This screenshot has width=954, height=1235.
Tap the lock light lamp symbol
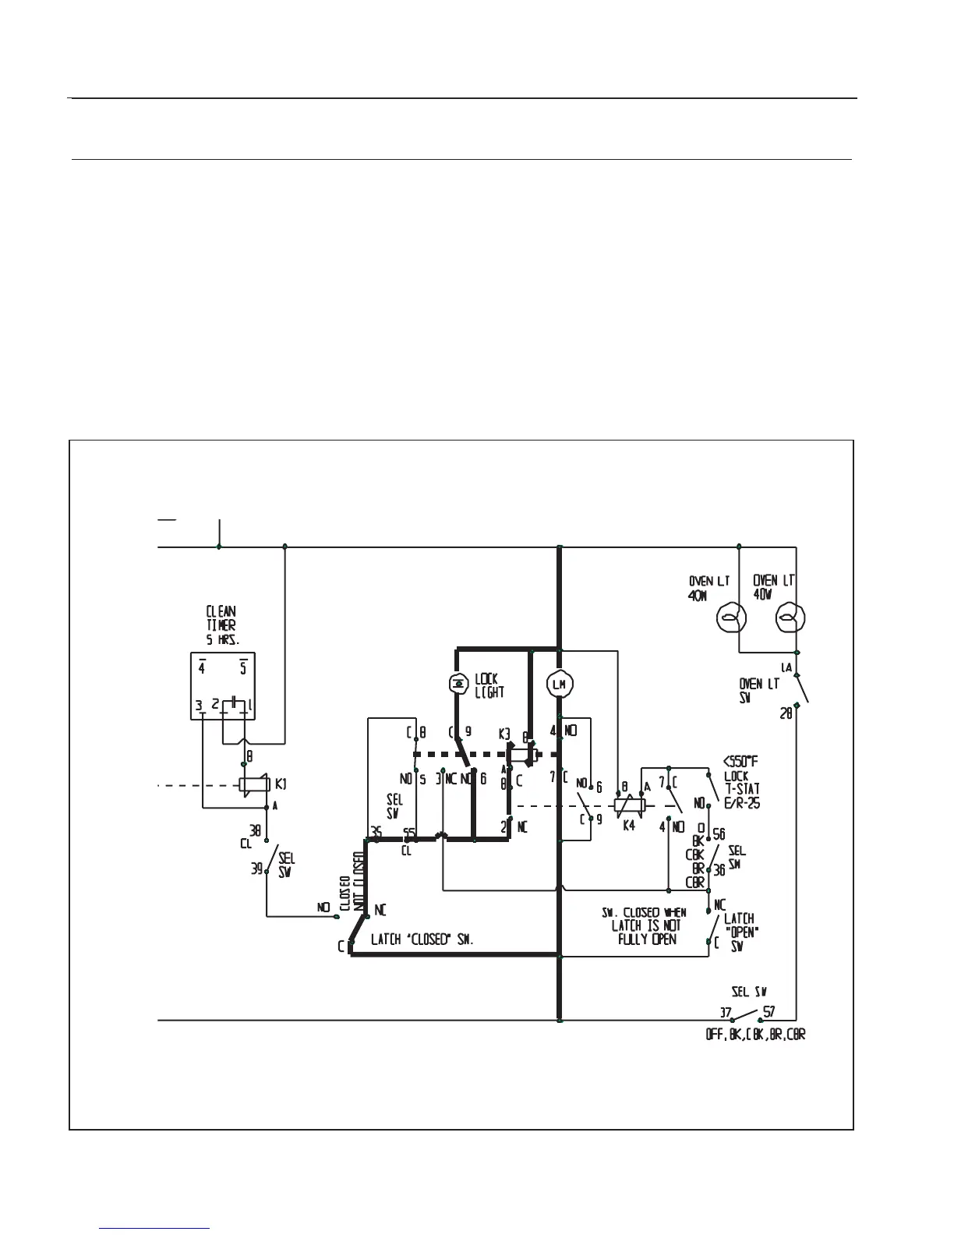(x=458, y=684)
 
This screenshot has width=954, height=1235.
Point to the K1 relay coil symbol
(x=253, y=784)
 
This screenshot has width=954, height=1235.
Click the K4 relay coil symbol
(x=628, y=807)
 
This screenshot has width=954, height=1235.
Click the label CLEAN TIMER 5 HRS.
(x=221, y=625)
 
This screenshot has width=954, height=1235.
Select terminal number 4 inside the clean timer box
(x=201, y=668)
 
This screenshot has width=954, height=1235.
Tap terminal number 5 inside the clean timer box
(x=243, y=668)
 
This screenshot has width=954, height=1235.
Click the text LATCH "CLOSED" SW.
(x=422, y=940)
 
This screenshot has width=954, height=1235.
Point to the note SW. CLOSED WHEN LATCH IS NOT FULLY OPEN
(x=644, y=925)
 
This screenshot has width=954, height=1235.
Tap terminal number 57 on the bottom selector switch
(x=769, y=1012)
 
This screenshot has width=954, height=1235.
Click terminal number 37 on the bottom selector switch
(x=726, y=1013)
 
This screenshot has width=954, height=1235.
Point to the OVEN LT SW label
(x=758, y=690)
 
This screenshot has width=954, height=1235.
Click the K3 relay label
(x=504, y=734)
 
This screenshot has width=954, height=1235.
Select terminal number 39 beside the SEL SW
(x=256, y=869)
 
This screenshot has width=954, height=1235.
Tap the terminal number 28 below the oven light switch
(x=786, y=712)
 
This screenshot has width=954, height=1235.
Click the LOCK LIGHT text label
(x=489, y=685)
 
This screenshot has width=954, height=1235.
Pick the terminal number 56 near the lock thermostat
(x=719, y=834)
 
